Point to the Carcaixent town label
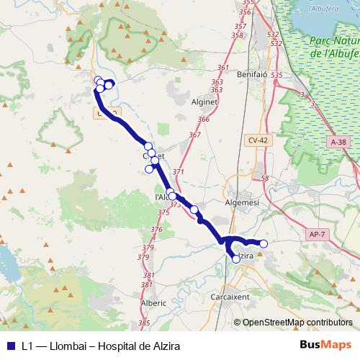coord(230,297)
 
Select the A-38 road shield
coord(339,143)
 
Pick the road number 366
coord(203,120)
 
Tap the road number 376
coord(156,229)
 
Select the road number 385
coord(144,323)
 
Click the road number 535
coord(276,74)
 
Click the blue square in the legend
coord(10,345)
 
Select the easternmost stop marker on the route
coord(264,244)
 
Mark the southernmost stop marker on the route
coord(236,258)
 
